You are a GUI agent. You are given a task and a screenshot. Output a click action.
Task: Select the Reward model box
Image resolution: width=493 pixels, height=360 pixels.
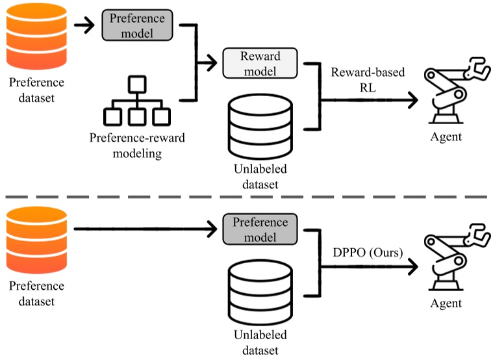(260, 63)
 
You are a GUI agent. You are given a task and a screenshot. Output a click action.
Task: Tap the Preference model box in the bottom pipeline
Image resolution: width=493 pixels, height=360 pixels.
(260, 229)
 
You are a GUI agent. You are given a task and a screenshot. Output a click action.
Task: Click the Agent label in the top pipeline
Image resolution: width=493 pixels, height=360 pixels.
(446, 136)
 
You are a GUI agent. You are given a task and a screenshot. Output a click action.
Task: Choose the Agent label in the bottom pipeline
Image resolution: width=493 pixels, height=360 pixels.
(446, 303)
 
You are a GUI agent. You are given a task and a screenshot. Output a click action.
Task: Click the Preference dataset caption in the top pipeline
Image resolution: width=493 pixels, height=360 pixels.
(36, 90)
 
